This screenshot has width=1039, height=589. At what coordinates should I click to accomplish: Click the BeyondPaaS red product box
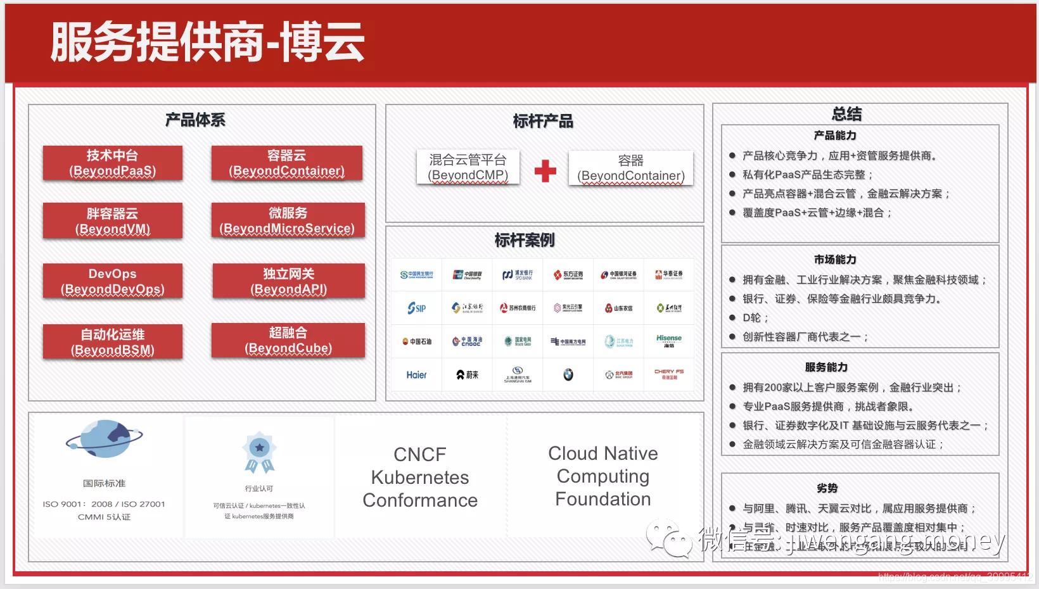(113, 163)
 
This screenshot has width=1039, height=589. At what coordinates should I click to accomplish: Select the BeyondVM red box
(113, 221)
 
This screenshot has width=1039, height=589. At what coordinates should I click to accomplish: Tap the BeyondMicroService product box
(288, 220)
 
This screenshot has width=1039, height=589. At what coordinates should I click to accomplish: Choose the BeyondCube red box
(288, 340)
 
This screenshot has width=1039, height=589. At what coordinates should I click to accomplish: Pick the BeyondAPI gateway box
(288, 281)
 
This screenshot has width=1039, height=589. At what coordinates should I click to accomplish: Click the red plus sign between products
(545, 170)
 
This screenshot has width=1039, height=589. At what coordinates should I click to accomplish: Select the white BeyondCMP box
(468, 167)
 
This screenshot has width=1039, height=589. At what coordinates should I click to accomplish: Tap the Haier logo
(416, 375)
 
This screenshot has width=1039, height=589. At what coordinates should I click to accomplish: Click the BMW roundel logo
(568, 375)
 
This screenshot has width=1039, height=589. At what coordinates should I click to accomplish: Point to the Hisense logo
(669, 341)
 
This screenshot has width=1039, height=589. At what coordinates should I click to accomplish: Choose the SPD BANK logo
(518, 275)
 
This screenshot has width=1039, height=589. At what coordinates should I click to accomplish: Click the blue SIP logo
(416, 308)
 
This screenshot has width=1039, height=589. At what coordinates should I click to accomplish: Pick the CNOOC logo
(467, 341)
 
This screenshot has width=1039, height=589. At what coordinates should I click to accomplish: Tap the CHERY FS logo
(669, 374)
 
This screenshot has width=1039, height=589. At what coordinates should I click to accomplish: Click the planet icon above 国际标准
(105, 439)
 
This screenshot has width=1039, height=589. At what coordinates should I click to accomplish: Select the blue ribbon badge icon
(259, 452)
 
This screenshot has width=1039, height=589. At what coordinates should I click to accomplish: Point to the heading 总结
(846, 114)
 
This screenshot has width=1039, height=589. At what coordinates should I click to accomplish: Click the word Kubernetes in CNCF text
(420, 478)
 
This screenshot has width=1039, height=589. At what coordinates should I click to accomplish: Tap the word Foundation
(602, 499)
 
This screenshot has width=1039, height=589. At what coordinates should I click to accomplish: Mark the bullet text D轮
(755, 318)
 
